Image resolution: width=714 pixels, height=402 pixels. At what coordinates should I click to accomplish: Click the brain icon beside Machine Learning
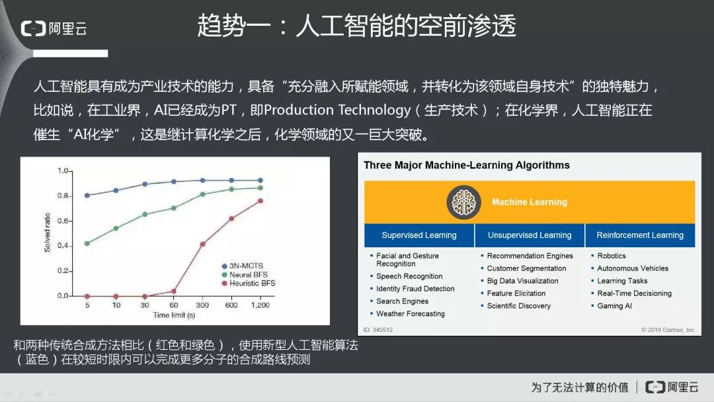point(463,202)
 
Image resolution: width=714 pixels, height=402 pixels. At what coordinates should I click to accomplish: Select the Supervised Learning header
point(419,235)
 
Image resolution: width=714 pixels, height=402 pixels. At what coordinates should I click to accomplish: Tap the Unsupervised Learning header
point(530,235)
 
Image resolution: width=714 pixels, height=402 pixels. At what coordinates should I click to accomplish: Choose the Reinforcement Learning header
point(640,235)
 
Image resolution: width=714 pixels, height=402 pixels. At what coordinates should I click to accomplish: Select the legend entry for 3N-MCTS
point(242,266)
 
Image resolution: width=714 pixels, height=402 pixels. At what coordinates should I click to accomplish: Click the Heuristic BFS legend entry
point(248,283)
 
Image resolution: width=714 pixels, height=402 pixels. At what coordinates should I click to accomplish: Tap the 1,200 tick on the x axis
point(260,305)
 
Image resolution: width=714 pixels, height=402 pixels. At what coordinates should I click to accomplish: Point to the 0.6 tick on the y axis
point(63,221)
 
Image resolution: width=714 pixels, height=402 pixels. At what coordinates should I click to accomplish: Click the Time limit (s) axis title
point(174,315)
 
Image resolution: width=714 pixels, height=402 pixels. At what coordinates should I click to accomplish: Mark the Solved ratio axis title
point(47,232)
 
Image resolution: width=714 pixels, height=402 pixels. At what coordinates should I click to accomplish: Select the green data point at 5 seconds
point(87,243)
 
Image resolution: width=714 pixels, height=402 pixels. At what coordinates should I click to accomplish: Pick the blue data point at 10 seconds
point(116,190)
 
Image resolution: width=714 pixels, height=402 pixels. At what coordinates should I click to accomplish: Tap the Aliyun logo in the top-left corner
point(54,28)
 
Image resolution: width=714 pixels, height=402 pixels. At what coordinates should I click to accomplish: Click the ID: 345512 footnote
point(378,330)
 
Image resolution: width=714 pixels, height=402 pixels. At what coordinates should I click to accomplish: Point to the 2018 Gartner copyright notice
point(668,330)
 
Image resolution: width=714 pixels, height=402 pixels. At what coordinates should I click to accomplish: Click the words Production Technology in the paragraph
point(337,110)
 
